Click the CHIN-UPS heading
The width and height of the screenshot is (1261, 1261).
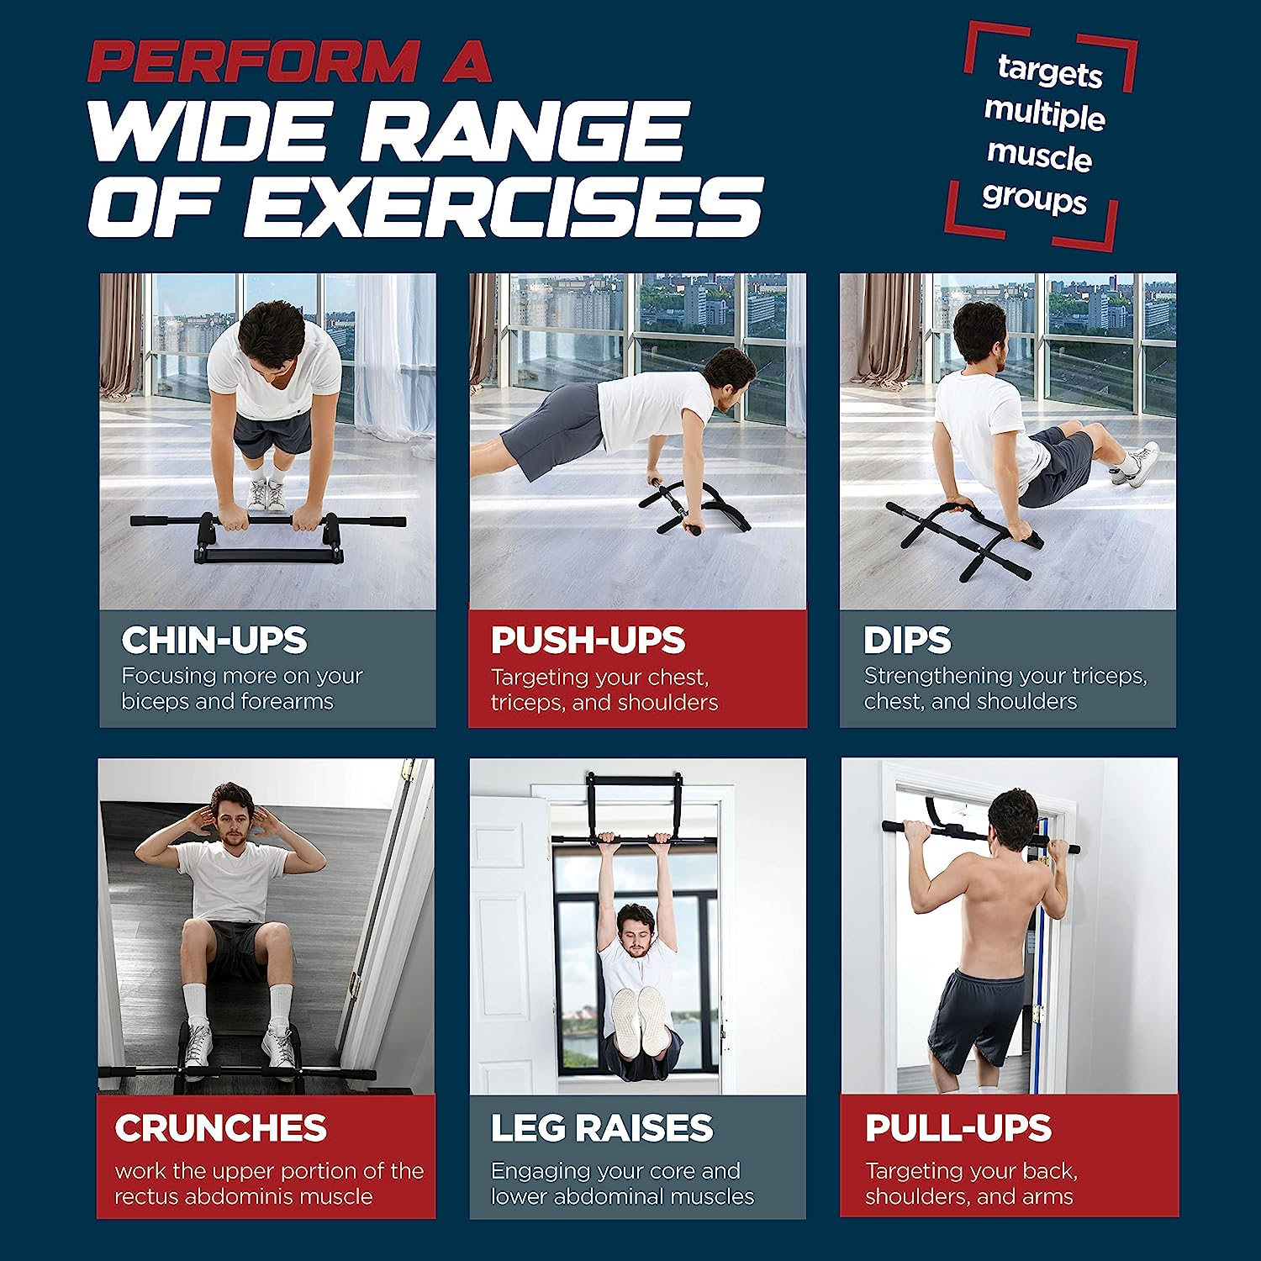[214, 641]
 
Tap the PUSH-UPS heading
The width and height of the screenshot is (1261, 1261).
[588, 641]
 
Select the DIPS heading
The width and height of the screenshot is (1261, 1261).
[907, 641]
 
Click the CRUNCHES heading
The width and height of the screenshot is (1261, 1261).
[220, 1128]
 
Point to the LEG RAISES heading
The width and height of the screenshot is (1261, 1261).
[602, 1128]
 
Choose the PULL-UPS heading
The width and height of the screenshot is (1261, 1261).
[958, 1128]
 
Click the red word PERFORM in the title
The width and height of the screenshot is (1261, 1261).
[252, 62]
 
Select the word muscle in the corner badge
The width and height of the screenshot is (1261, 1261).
[1039, 156]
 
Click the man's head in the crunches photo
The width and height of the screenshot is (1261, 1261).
[231, 812]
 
